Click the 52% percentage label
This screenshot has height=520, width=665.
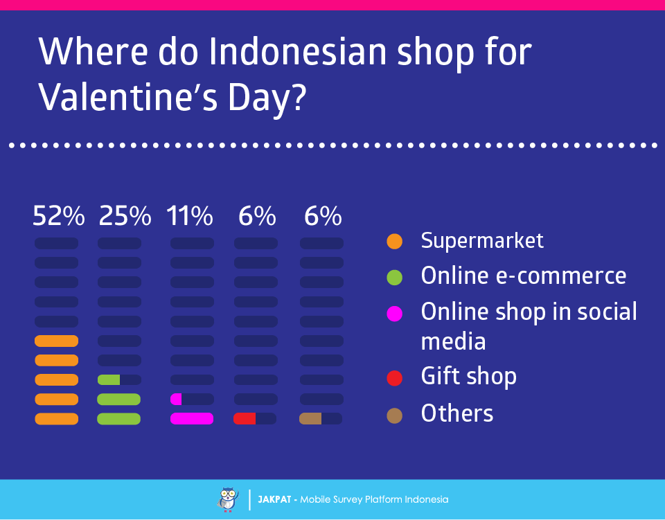pyautogui.click(x=58, y=216)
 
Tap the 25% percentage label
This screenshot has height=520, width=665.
pyautogui.click(x=125, y=216)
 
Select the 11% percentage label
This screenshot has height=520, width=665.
pyautogui.click(x=190, y=216)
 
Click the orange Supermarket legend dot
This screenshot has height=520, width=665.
pyautogui.click(x=394, y=242)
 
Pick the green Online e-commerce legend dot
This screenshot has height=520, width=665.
pyautogui.click(x=394, y=278)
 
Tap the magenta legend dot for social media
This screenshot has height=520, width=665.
pyautogui.click(x=394, y=314)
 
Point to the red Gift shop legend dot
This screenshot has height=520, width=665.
pyautogui.click(x=394, y=378)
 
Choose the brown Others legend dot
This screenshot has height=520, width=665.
pyautogui.click(x=394, y=415)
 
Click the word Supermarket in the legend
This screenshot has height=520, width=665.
pyautogui.click(x=482, y=242)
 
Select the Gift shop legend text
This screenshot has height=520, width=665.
pyautogui.click(x=469, y=377)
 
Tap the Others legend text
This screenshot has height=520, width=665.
pyautogui.click(x=457, y=413)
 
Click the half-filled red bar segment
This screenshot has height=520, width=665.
pyautogui.click(x=245, y=419)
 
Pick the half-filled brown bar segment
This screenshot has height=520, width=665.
pyautogui.click(x=310, y=419)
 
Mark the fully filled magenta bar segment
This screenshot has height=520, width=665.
pyautogui.click(x=192, y=419)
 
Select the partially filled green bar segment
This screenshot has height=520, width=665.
pyautogui.click(x=109, y=379)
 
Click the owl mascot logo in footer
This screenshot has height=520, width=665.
pyautogui.click(x=228, y=500)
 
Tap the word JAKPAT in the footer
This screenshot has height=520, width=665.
pyautogui.click(x=274, y=500)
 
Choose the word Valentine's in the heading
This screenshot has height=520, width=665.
pyautogui.click(x=128, y=98)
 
